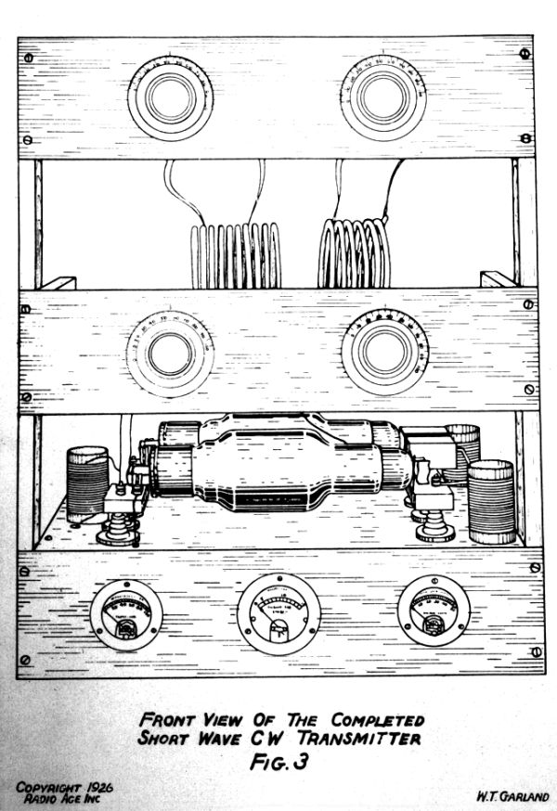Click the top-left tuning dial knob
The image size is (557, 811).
[x=171, y=97]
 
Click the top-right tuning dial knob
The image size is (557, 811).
[x=380, y=95]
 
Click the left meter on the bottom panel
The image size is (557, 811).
[x=125, y=615]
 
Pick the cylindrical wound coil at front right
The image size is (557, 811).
[x=490, y=501]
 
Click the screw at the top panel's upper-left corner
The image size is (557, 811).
[x=28, y=58]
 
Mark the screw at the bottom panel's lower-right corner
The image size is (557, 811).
[x=538, y=655]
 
